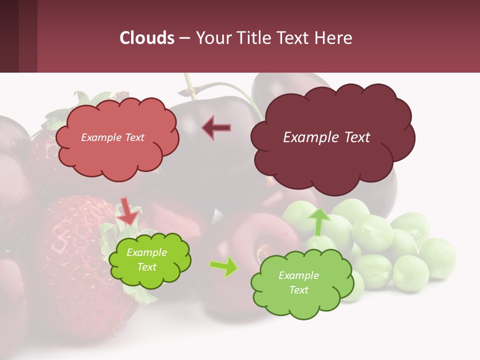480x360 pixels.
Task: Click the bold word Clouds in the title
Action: [x=147, y=38]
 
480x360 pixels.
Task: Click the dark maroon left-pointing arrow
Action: [x=216, y=128]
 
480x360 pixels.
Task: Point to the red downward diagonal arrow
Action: [x=128, y=210]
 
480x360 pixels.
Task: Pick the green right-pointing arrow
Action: [x=224, y=267]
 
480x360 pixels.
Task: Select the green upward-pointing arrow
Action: [x=319, y=220]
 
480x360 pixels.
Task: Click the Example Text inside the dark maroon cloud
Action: [x=326, y=137]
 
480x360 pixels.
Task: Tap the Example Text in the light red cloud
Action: [x=112, y=137]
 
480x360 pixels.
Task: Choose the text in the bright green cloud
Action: [x=146, y=260]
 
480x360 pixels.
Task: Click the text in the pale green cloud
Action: [x=298, y=282]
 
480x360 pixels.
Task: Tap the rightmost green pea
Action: [x=437, y=257]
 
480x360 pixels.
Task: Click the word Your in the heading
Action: [x=212, y=38]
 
